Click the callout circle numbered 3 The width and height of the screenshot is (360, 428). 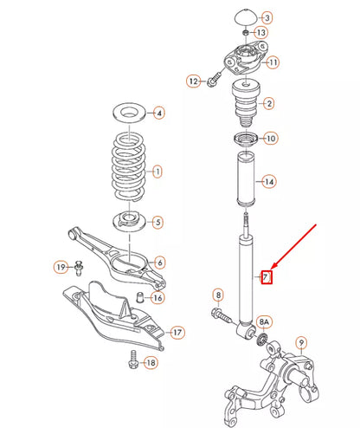click(267, 17)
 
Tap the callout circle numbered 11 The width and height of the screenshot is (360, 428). click(273, 62)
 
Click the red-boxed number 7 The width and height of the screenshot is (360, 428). click(267, 277)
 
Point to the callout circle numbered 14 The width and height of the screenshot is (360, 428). click(270, 181)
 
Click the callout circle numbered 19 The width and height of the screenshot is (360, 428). click(61, 266)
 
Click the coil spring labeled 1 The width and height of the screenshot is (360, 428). click(132, 167)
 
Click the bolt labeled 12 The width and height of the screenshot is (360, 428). click(213, 81)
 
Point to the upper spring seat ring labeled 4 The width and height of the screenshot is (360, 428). click(132, 113)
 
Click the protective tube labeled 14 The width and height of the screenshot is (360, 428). click(242, 179)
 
